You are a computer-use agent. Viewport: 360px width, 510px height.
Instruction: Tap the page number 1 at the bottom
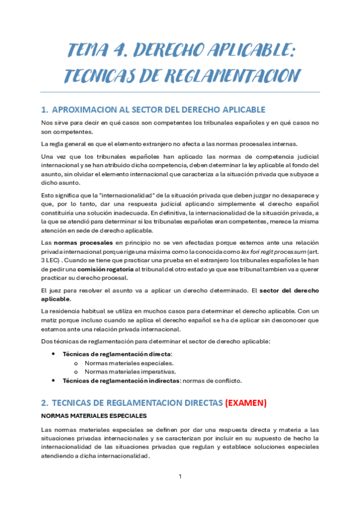point(180,476)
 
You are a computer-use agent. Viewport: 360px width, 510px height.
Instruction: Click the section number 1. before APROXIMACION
point(44,109)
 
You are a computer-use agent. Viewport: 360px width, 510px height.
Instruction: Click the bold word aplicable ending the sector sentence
point(55,299)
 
